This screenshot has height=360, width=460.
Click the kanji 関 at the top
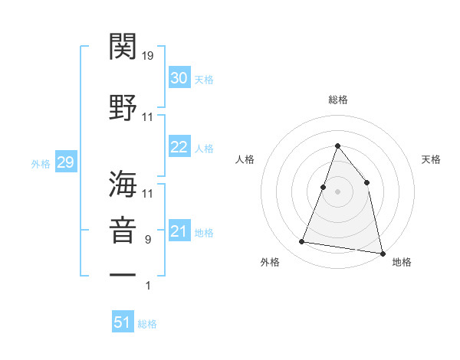point(123,47)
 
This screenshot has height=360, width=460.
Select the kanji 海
point(123,185)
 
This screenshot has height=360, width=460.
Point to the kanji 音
point(123,231)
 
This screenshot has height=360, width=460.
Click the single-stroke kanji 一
point(123,273)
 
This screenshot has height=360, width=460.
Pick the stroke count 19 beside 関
point(148,56)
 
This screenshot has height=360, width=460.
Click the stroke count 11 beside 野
point(148,117)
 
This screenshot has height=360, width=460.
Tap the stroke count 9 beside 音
point(148,240)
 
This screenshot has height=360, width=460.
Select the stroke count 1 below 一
point(148,286)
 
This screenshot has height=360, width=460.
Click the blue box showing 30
point(179,78)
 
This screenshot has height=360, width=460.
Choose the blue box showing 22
point(179,147)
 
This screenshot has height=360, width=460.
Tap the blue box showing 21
point(179,231)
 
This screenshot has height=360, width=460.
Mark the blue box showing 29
point(65,162)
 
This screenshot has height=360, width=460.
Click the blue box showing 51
point(123,322)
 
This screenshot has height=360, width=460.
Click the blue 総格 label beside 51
point(147,324)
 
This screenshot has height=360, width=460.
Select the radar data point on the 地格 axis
point(382,252)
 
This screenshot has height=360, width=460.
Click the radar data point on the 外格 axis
point(302,242)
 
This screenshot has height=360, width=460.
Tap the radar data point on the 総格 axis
point(337,146)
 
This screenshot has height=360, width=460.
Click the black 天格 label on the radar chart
point(431,159)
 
